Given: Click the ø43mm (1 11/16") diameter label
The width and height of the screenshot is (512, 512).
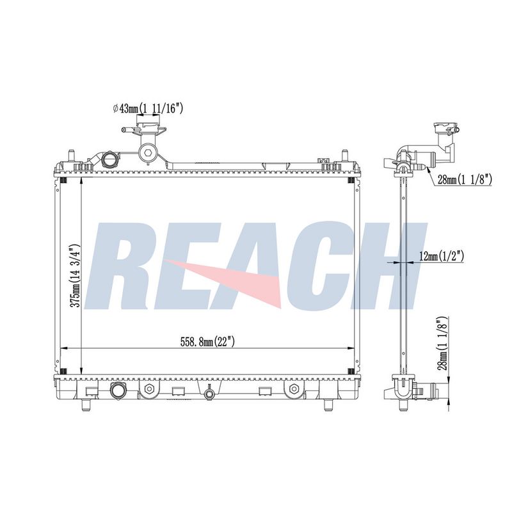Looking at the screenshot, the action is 148,108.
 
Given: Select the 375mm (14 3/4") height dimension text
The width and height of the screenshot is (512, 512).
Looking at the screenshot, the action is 76,275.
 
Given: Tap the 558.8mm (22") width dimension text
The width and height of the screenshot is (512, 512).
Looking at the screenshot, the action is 207,342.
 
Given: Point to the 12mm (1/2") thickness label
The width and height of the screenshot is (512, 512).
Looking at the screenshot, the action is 442,257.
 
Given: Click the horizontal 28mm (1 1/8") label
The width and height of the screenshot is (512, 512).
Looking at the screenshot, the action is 465,179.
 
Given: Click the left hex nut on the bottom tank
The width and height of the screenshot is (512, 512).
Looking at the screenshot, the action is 149,389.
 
